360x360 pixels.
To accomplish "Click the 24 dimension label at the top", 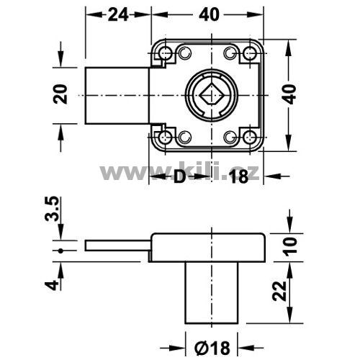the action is pos(118,14).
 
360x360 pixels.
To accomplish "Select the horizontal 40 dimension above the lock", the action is pos(209,14).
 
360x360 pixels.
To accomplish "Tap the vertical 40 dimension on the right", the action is pos(291,94).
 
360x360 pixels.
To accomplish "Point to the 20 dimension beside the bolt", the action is pos(60,94).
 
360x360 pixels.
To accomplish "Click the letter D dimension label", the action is pos(179,177).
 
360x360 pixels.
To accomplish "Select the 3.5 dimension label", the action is pos(51,209).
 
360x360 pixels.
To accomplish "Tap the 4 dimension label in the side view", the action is pos(52,285).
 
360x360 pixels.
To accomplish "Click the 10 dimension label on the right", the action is pos(290,246).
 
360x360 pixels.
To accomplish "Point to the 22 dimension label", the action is pos(279,291).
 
